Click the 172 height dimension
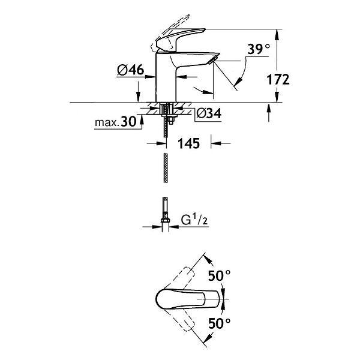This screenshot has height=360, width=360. (x=278, y=79)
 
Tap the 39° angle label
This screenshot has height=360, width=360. (x=258, y=49)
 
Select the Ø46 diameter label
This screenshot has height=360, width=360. (x=130, y=70)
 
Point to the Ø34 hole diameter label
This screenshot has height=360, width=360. (x=209, y=113)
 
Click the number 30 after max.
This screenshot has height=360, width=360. (x=128, y=121)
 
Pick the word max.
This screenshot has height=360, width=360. (x=107, y=122)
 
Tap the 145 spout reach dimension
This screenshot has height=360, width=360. (x=189, y=143)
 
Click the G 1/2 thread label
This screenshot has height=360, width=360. (x=194, y=220)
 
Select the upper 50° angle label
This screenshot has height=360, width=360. (x=219, y=275)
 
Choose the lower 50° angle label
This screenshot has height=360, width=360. (x=219, y=323)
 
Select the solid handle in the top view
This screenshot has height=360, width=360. (x=188, y=299)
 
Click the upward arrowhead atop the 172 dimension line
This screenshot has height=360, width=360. (x=277, y=34)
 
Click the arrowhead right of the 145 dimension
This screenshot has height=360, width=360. (x=216, y=143)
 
